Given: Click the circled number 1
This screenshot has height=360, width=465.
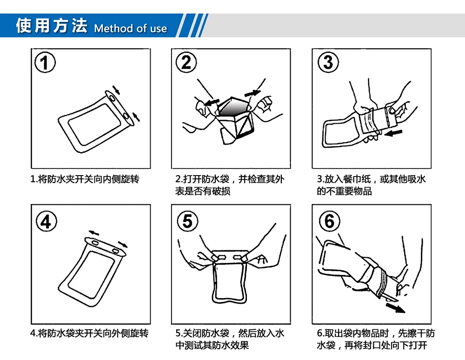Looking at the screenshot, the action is [x=45, y=63].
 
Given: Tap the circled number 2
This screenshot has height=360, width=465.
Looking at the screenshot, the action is [x=186, y=62].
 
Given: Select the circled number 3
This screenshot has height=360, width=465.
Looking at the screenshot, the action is [x=328, y=62].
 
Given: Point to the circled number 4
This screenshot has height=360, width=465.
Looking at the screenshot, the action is [x=46, y=221].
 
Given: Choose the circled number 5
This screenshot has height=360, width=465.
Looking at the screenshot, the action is [x=187, y=221].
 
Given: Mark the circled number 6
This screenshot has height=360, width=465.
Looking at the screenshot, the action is [x=330, y=221].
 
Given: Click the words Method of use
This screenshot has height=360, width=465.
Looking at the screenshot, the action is [x=131, y=28].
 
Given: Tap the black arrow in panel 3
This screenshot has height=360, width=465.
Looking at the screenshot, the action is [x=393, y=133].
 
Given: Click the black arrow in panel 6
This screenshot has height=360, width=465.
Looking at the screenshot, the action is [x=395, y=307].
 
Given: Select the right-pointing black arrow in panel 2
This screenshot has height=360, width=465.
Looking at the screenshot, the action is [x=252, y=93].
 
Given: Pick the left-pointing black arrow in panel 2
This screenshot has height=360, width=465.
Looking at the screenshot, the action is [x=212, y=102].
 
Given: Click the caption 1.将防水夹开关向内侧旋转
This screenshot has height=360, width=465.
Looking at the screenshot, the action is [x=85, y=179].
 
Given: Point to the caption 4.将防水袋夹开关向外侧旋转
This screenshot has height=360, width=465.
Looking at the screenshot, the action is [x=90, y=334].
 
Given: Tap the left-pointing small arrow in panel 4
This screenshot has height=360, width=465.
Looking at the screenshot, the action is [x=94, y=233].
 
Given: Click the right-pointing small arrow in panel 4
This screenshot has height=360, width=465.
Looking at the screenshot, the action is [x=122, y=244].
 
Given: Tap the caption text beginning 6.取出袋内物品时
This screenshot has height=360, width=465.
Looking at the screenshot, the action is [x=376, y=339].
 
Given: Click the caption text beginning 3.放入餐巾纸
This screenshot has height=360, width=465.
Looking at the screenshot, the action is [x=371, y=185].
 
